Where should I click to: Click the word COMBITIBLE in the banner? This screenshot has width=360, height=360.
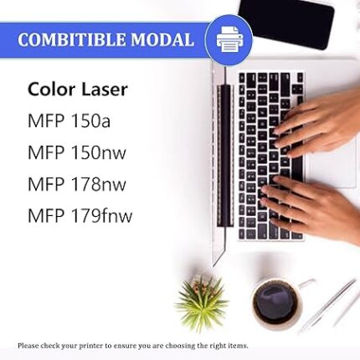click(x=72, y=39)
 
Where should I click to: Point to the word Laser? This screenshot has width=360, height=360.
click(x=105, y=90)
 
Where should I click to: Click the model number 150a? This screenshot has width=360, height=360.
click(x=90, y=121)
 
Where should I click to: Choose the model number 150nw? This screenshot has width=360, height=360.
click(x=99, y=152)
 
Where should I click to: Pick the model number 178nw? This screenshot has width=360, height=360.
click(x=99, y=184)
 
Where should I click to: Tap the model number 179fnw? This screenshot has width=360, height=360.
click(x=101, y=216)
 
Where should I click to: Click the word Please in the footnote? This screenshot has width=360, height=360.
click(x=28, y=346)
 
